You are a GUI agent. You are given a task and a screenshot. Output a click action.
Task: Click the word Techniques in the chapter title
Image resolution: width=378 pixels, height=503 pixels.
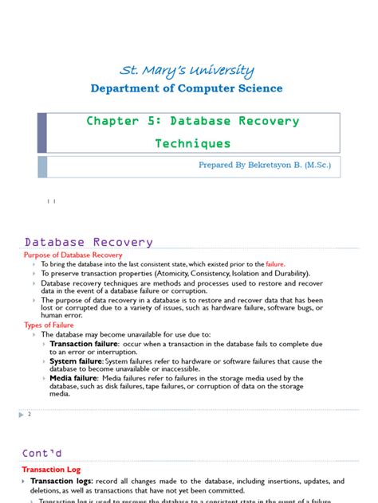point(193,144)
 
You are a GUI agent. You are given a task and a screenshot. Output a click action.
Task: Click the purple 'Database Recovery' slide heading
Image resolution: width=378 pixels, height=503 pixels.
point(89,242)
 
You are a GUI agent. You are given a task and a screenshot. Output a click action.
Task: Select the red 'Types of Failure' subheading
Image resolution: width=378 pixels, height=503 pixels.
point(49,325)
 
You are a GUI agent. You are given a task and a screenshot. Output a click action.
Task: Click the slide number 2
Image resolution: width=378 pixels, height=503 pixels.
point(29,415)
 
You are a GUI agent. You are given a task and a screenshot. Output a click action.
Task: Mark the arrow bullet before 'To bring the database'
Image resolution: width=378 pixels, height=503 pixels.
point(34,264)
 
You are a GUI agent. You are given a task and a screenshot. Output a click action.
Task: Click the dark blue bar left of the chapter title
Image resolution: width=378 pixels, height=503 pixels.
point(42,133)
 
